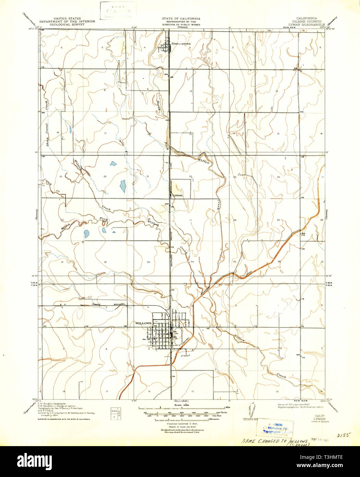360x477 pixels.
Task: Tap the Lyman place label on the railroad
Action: click(x=178, y=195)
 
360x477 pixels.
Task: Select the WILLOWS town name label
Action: click(x=143, y=323)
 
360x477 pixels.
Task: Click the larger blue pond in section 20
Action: click(x=123, y=186)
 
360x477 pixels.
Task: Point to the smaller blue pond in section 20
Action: click(x=113, y=164)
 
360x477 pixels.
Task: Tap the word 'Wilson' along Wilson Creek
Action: click(x=80, y=166)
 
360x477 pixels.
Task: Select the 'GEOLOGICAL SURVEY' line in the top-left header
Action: click(x=67, y=24)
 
